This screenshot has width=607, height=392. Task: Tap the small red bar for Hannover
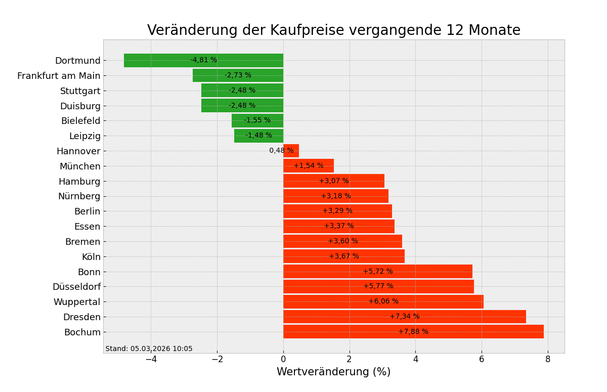[291, 151]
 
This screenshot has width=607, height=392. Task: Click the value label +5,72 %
[378, 272]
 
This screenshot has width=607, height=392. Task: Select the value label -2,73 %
[238, 75]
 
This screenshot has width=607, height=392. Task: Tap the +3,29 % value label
[337, 211]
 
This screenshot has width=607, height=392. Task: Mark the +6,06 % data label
[383, 301]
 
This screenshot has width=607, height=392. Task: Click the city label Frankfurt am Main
[59, 76]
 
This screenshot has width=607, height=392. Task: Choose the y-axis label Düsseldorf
[76, 287]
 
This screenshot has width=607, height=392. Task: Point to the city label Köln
[91, 257]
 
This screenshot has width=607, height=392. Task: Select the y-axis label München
[80, 166]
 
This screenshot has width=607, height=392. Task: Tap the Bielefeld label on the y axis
[80, 121]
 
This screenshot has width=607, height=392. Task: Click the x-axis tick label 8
[548, 359]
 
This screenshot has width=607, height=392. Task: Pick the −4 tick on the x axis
[151, 359]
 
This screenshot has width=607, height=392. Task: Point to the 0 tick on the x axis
[283, 359]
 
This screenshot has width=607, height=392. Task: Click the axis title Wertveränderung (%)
[333, 372]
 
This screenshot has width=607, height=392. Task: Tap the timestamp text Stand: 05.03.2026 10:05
[149, 349]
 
